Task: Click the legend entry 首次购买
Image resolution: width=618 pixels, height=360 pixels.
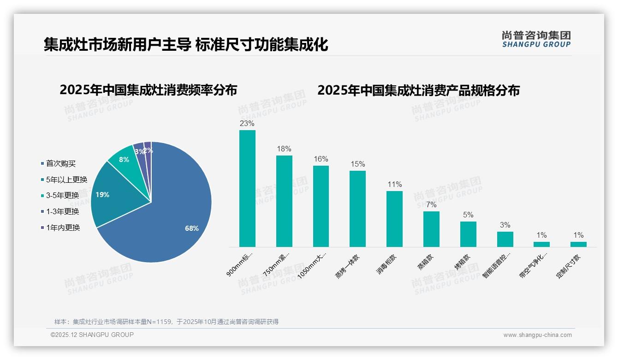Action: [x=60, y=163]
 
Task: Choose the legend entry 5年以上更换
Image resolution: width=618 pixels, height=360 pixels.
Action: [x=66, y=180]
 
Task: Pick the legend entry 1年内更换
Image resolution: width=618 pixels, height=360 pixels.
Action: [x=63, y=228]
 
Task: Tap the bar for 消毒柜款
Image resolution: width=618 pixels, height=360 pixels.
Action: [x=394, y=219]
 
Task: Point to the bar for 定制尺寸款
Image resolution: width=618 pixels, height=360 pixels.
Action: [x=578, y=244]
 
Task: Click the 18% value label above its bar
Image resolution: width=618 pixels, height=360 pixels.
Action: [x=284, y=149]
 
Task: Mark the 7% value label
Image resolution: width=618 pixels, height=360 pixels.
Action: [x=431, y=205]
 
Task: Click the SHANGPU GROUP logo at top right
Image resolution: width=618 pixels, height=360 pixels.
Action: [x=536, y=39]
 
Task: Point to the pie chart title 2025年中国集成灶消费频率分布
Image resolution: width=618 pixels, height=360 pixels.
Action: [x=148, y=90]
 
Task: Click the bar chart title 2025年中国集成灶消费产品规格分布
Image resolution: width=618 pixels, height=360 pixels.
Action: [x=418, y=90]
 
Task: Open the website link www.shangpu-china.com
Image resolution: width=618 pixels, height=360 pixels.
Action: [x=537, y=335]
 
